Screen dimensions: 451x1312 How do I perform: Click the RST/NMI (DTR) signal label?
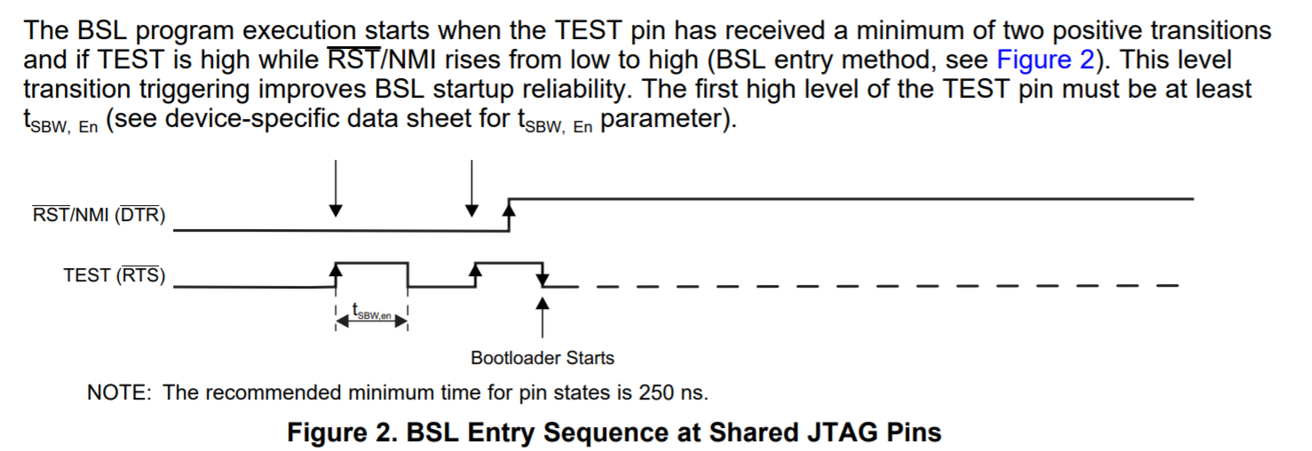coord(99,215)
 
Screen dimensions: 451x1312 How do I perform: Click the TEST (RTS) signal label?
coord(114,275)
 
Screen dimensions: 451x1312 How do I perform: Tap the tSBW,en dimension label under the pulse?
coord(372,312)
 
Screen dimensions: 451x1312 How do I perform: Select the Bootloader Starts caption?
coord(542,358)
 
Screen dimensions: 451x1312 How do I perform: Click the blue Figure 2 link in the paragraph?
coord(1045,60)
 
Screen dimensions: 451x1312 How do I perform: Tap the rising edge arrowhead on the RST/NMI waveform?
coord(509,210)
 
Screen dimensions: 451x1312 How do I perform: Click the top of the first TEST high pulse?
coord(371,263)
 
